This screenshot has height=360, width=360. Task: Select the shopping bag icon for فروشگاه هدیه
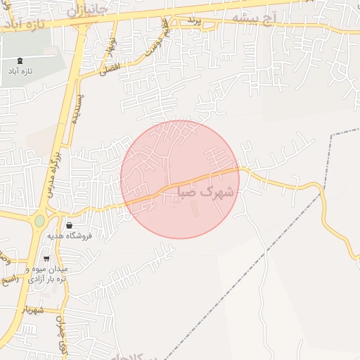(69, 226)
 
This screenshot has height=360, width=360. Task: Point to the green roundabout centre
(39, 221)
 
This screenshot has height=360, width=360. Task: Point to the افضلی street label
(110, 70)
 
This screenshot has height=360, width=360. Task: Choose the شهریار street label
(32, 309)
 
